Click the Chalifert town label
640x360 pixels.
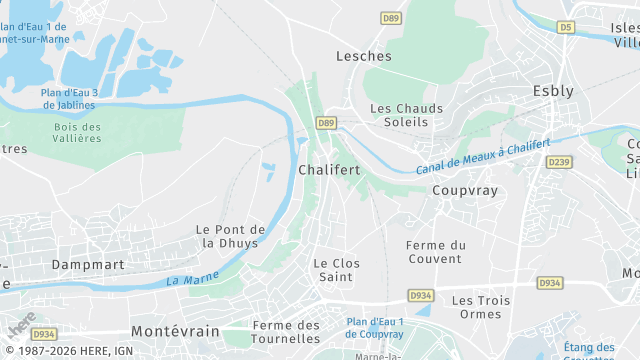329,170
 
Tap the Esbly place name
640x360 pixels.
553,91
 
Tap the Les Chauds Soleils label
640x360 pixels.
399,115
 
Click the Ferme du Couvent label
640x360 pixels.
437,252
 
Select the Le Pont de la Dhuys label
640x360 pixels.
231,236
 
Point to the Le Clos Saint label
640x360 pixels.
336,270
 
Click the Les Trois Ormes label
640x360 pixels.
481,307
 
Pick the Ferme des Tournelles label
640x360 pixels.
286,332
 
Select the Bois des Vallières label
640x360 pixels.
77,133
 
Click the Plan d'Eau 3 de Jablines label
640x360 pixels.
69,98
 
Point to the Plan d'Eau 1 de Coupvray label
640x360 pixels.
375,328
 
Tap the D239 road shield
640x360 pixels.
559,162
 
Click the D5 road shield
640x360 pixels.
567,28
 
